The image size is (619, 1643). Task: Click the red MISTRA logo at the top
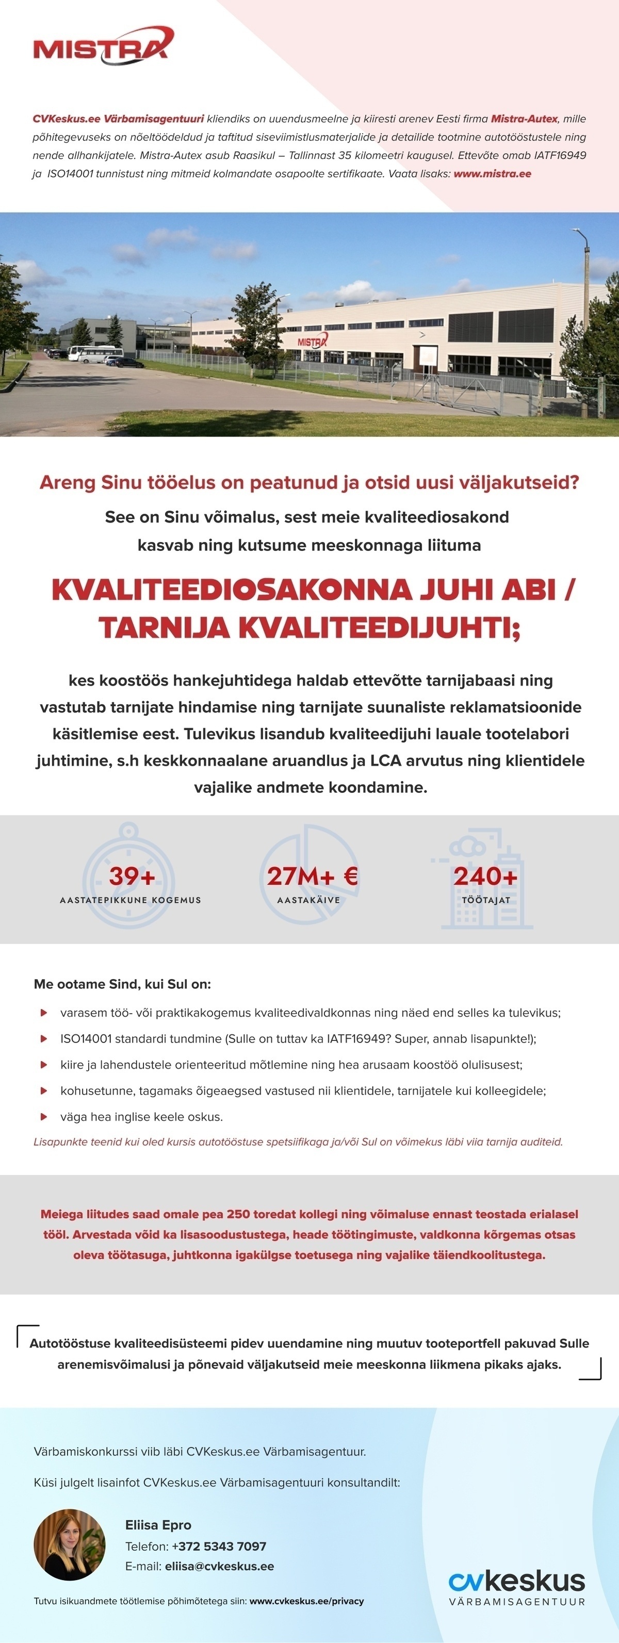pos(102,46)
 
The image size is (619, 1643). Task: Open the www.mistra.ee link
pos(492,173)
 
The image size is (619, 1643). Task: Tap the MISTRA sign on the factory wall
pos(312,343)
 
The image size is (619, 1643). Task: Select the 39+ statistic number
pos(132,876)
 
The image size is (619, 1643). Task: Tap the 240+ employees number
pos(485,876)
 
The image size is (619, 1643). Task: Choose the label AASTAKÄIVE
pos(308,900)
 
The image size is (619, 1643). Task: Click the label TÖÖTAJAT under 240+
pos(486,900)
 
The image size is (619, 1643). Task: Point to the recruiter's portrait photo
pos(70,1544)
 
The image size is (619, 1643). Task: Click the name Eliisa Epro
pos(158,1524)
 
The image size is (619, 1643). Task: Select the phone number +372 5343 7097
pos(219,1546)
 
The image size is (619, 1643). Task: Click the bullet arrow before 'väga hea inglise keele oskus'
pos(44,1117)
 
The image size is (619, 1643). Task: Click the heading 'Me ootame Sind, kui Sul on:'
pos(122,984)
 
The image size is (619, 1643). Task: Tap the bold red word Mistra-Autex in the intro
pos(524,119)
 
